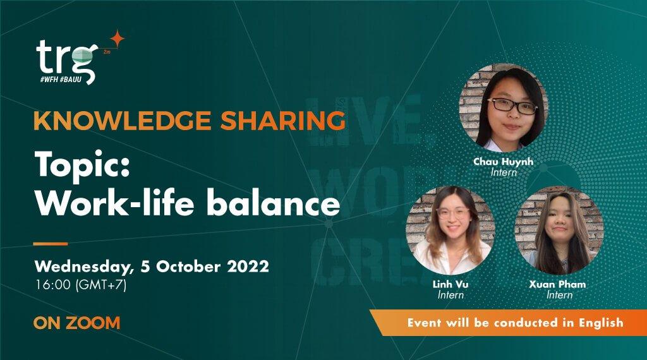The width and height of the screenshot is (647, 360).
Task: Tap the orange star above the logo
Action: click(x=116, y=39)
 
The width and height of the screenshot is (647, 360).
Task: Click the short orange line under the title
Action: click(x=50, y=243)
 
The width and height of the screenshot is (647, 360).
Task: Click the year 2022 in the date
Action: click(x=245, y=266)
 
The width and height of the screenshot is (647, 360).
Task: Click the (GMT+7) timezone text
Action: click(x=100, y=285)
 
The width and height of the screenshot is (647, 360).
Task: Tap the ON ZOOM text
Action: click(x=76, y=323)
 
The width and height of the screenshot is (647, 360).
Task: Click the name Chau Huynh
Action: click(x=503, y=162)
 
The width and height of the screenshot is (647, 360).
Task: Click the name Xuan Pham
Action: click(x=557, y=285)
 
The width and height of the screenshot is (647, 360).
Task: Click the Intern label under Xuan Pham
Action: click(x=559, y=295)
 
